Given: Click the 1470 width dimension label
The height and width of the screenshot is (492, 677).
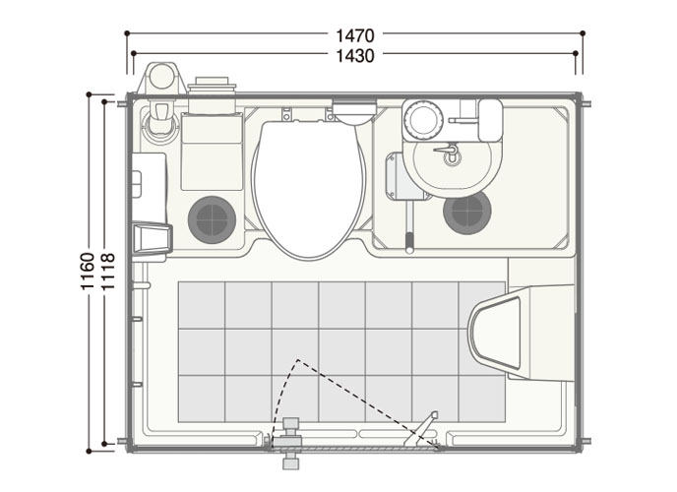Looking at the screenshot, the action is pos(355,35).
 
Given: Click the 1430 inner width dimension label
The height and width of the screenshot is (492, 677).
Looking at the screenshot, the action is pos(355,56).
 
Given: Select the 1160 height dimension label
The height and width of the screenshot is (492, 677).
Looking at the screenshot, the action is pos(88,271).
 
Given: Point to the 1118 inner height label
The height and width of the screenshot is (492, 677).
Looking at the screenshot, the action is pos(107,271).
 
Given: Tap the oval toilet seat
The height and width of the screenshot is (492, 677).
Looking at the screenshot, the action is pos(309,190).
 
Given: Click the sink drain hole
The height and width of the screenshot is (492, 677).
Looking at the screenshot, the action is pos(452,157).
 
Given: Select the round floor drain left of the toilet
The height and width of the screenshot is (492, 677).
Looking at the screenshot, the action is pos(212,219).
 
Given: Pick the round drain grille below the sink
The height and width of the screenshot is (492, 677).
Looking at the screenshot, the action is pos(467,213).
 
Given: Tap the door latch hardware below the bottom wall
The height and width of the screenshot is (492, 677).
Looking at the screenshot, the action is pos(290,443).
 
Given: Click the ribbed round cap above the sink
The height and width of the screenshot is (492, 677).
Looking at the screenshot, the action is pos(423,119).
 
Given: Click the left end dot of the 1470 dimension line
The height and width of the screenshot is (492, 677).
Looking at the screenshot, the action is pos(127,33).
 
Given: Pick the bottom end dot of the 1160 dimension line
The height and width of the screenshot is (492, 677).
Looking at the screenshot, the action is pos(89,452).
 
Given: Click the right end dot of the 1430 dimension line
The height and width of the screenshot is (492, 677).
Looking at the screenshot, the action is pos(576,53).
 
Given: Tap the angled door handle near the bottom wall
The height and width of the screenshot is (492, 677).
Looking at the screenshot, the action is pos(421,429).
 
